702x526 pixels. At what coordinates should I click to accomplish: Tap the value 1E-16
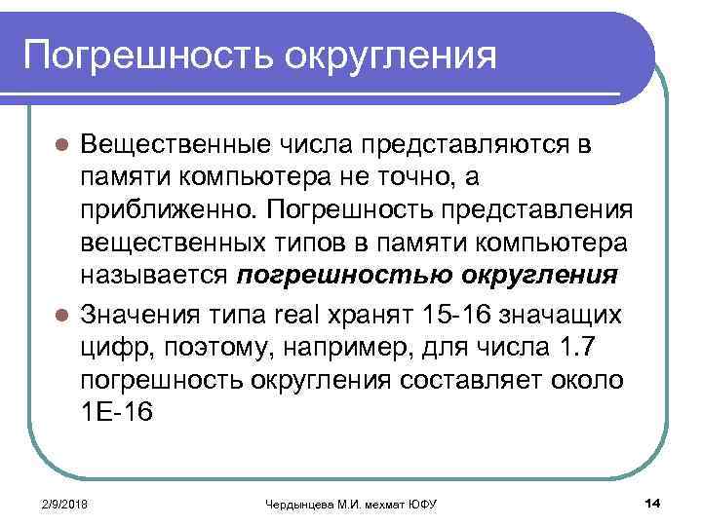pos(116,412)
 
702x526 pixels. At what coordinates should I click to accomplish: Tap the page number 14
pos(653,502)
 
